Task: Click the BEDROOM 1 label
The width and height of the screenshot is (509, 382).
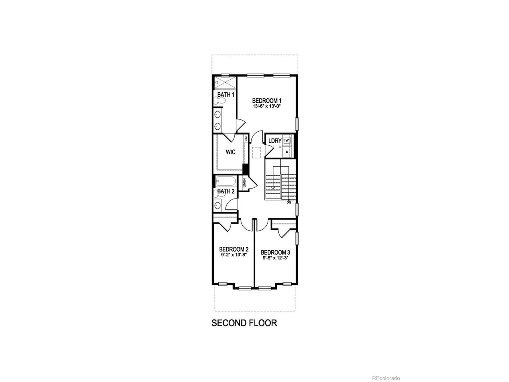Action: click(x=267, y=101)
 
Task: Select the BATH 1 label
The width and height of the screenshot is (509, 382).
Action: click(x=225, y=95)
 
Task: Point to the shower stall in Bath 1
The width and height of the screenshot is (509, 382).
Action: click(x=224, y=82)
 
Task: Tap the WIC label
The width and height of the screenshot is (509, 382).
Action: click(x=231, y=152)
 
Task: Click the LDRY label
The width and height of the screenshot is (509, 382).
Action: click(x=275, y=141)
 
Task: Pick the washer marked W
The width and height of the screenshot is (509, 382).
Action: click(x=287, y=140)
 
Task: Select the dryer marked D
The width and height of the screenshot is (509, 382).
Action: click(x=287, y=152)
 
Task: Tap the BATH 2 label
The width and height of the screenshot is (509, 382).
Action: click(x=226, y=191)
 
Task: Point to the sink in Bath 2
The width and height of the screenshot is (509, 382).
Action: click(x=218, y=205)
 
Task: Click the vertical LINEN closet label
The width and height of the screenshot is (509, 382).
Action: click(x=244, y=183)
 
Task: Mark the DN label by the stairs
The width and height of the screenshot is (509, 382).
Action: click(x=289, y=203)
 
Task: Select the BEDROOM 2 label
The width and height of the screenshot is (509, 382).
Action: click(x=234, y=249)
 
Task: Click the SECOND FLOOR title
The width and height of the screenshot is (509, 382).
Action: click(x=244, y=323)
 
